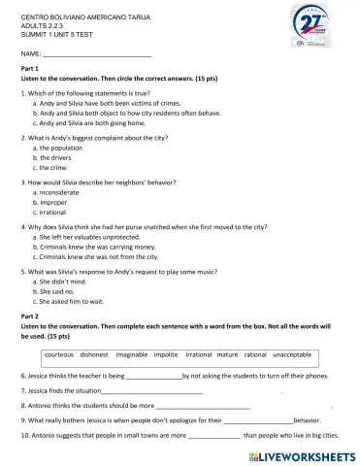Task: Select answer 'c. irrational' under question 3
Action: [56, 211]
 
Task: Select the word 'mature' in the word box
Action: [223, 354]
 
